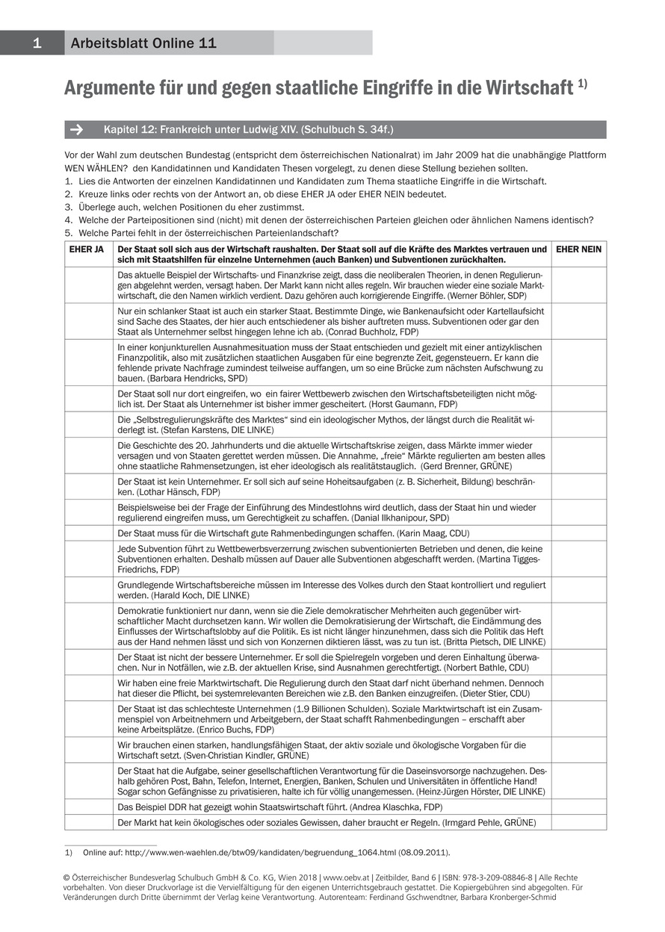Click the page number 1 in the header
(x=36, y=43)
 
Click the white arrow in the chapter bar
(x=76, y=130)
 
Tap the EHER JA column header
(x=88, y=249)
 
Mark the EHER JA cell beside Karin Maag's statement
(x=88, y=533)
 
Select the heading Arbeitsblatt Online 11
(x=143, y=43)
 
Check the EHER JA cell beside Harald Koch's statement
(x=88, y=590)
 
